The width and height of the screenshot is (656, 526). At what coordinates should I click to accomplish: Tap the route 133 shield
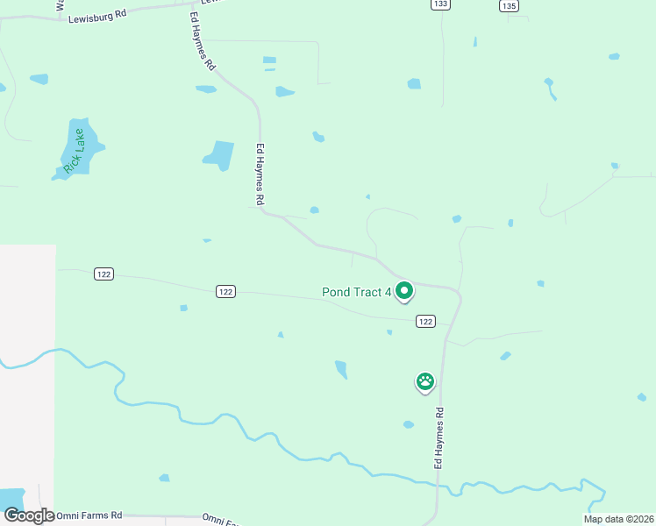click(441, 4)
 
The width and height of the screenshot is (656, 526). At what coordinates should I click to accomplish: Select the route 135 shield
click(509, 5)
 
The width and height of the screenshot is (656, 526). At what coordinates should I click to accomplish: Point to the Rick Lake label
click(75, 150)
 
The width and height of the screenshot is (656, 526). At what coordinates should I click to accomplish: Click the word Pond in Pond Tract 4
click(338, 292)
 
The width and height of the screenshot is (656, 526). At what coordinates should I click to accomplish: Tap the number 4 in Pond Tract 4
click(388, 292)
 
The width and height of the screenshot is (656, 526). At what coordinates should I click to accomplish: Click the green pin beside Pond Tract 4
click(404, 290)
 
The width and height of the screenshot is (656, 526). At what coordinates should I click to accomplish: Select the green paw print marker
click(425, 381)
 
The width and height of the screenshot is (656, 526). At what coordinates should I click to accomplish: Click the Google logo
click(28, 515)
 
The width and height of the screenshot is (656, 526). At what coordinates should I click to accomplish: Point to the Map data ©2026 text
click(617, 519)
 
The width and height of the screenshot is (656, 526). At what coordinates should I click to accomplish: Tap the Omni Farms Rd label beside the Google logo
click(89, 515)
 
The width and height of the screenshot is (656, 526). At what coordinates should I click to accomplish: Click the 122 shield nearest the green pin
click(425, 322)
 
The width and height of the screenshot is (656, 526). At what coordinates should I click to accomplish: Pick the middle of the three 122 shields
click(226, 291)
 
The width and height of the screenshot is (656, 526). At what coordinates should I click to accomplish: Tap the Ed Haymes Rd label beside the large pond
click(260, 174)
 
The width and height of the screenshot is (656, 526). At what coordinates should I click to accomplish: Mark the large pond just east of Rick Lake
click(220, 155)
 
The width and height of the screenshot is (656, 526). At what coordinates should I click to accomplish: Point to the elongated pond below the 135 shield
click(550, 88)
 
